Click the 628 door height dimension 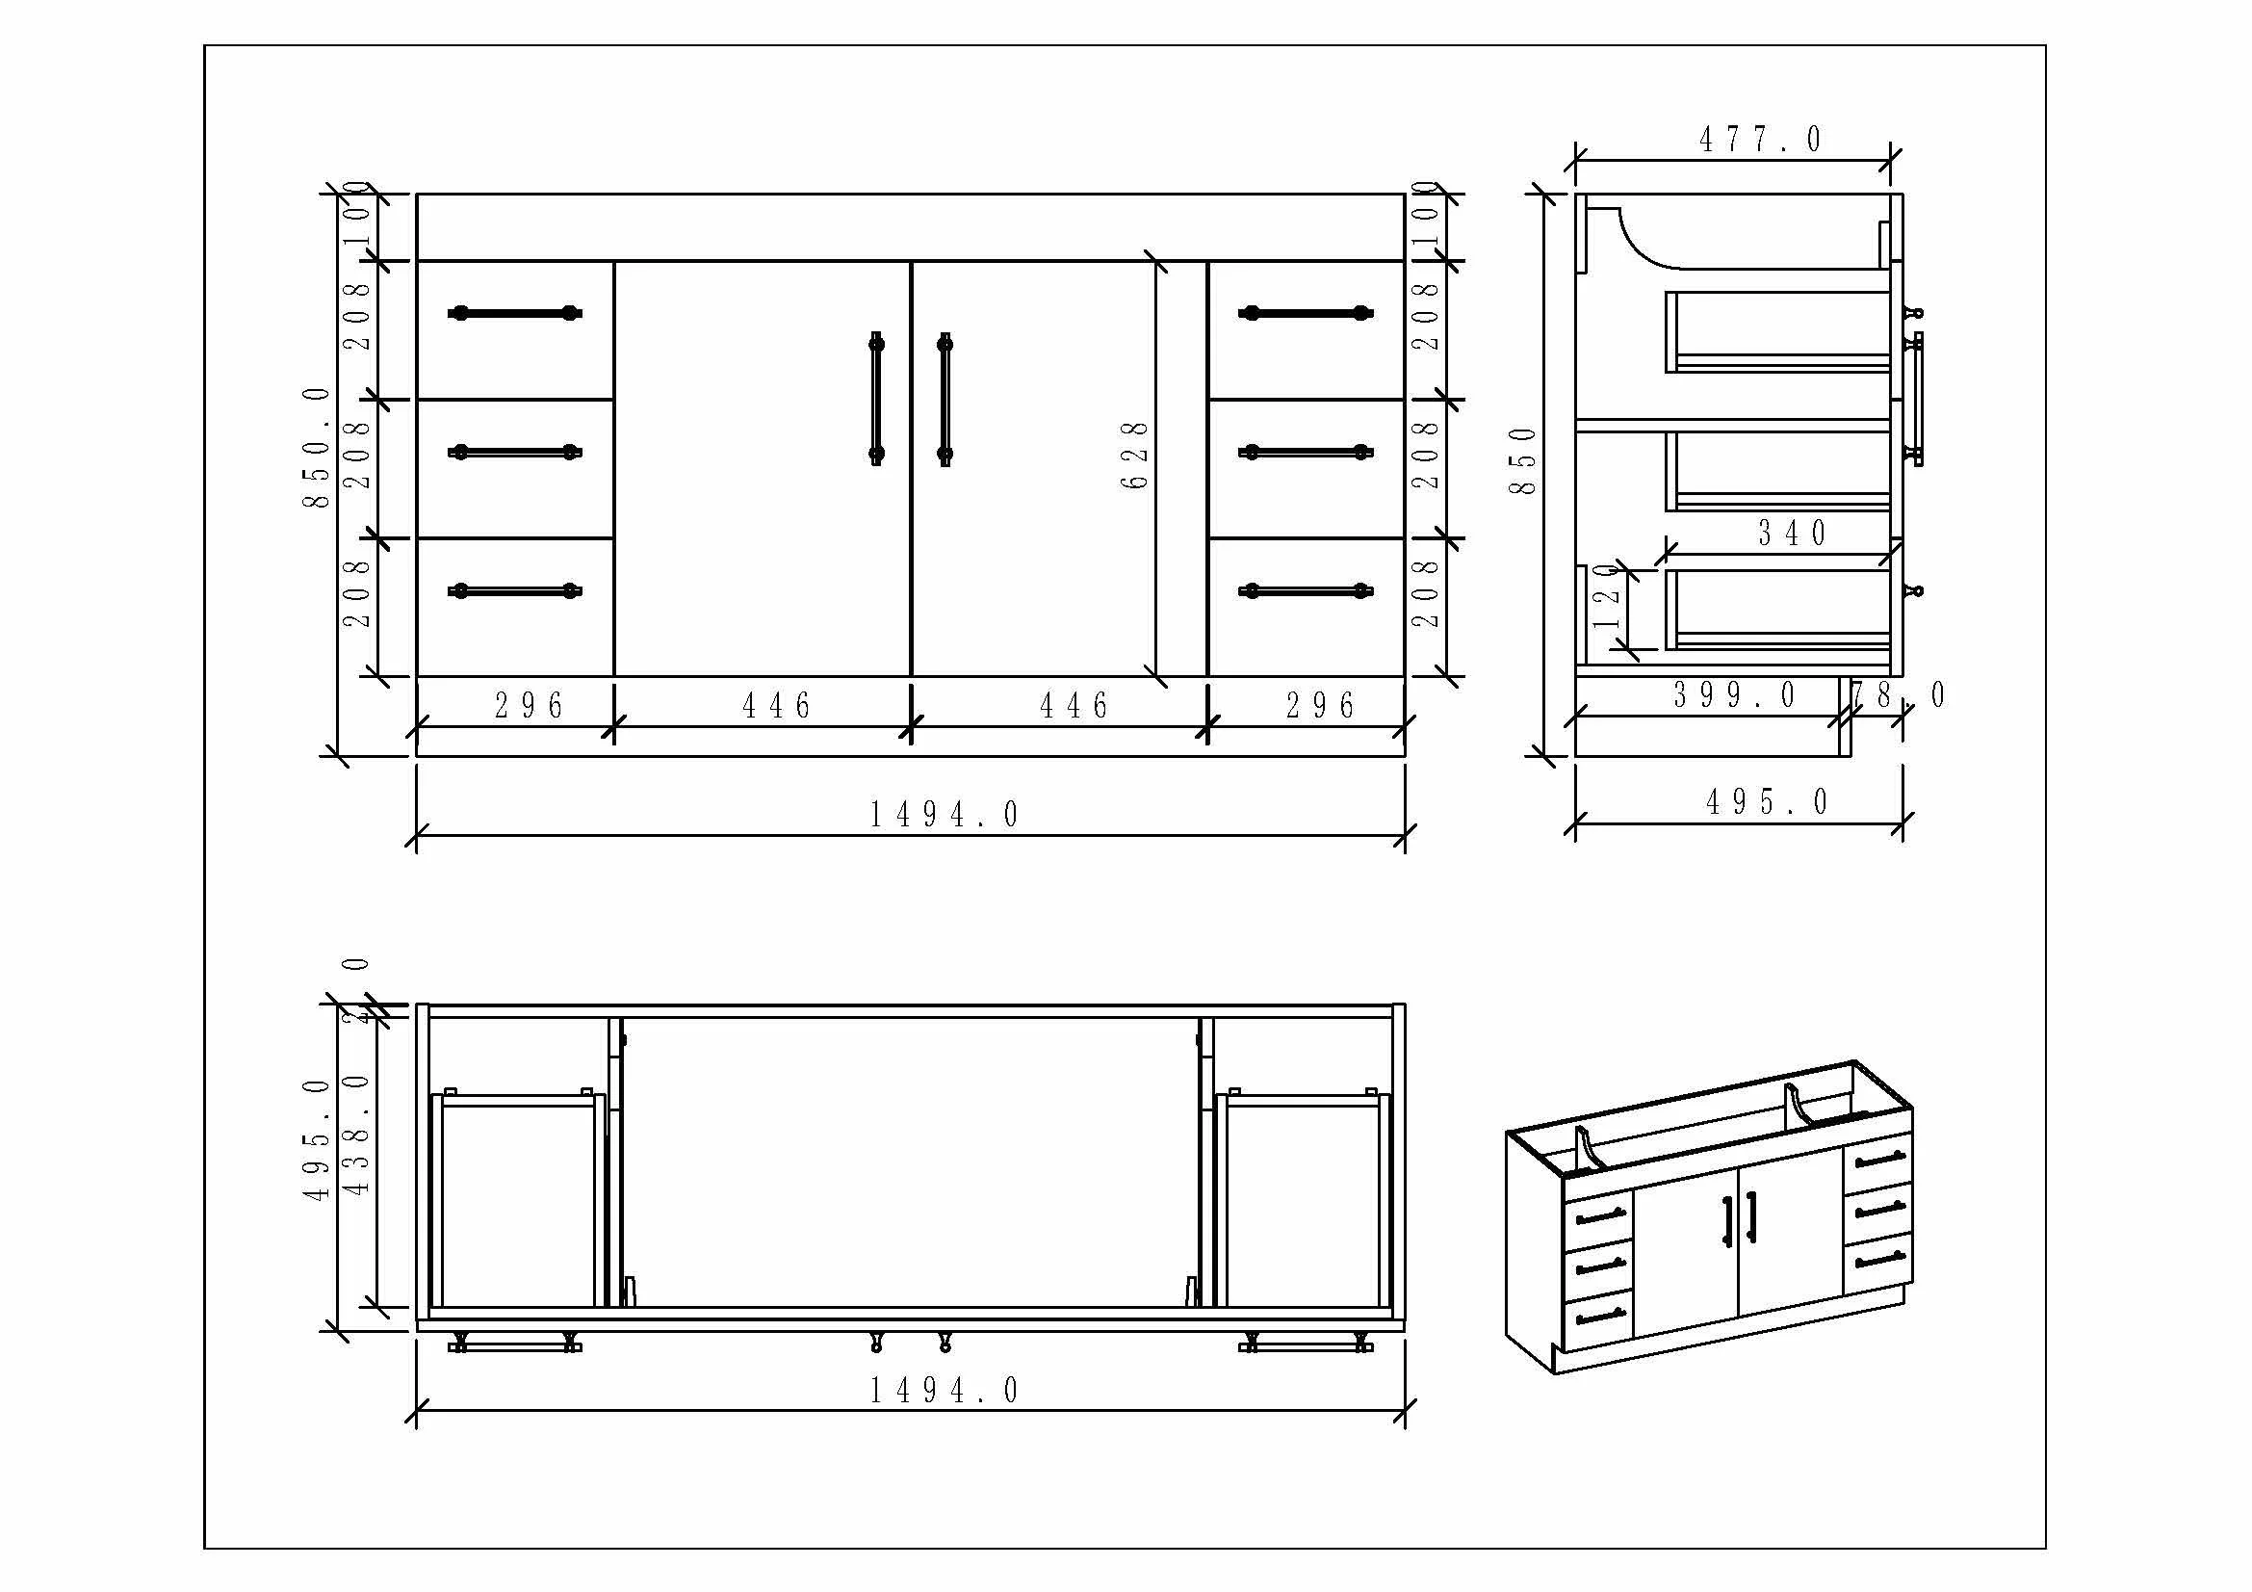coord(1134,456)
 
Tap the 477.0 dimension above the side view coord(1760,140)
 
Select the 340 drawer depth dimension coord(1791,534)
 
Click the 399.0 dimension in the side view coord(1734,695)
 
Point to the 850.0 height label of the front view coord(316,447)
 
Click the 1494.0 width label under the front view coord(945,814)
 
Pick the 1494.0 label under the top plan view coord(945,1390)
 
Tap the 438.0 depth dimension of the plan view coord(357,1134)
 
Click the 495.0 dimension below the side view coord(1767,802)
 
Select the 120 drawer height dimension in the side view coord(1607,596)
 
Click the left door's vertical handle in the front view coord(876,399)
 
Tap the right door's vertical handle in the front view coord(945,399)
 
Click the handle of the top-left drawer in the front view coord(515,314)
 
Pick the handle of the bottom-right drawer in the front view coord(1306,590)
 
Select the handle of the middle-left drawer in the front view coord(515,453)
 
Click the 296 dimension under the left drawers coord(529,705)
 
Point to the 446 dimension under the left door coord(777,705)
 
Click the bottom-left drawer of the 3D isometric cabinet coord(1599,1317)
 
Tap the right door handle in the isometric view coord(1751,1216)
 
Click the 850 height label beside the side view coord(1522,461)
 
